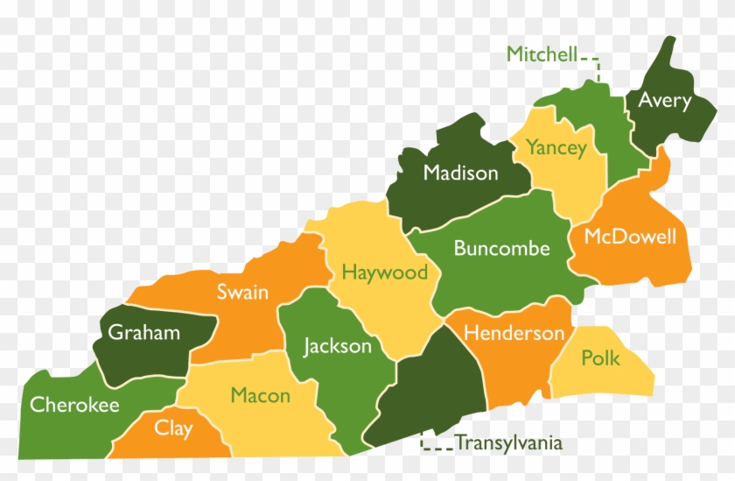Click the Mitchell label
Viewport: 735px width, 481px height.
coord(542,55)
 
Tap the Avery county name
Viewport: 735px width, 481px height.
coord(664,100)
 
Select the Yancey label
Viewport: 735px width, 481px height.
coord(556,148)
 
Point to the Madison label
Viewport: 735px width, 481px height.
coord(460,173)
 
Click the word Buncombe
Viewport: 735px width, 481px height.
coord(501,249)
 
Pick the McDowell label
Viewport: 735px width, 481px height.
coord(630,237)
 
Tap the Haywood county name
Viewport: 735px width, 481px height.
coord(384,272)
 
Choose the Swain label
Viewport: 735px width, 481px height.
coord(242,292)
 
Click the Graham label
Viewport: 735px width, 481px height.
coord(143,332)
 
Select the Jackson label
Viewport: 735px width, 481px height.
coord(337,346)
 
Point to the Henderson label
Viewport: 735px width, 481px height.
coord(514,333)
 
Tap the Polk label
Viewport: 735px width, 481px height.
coord(600,358)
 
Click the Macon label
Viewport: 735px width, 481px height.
coord(260,395)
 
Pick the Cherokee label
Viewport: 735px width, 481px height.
coord(74,405)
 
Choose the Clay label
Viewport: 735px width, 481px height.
coord(173,428)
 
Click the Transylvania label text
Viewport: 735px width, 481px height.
coord(508,443)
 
